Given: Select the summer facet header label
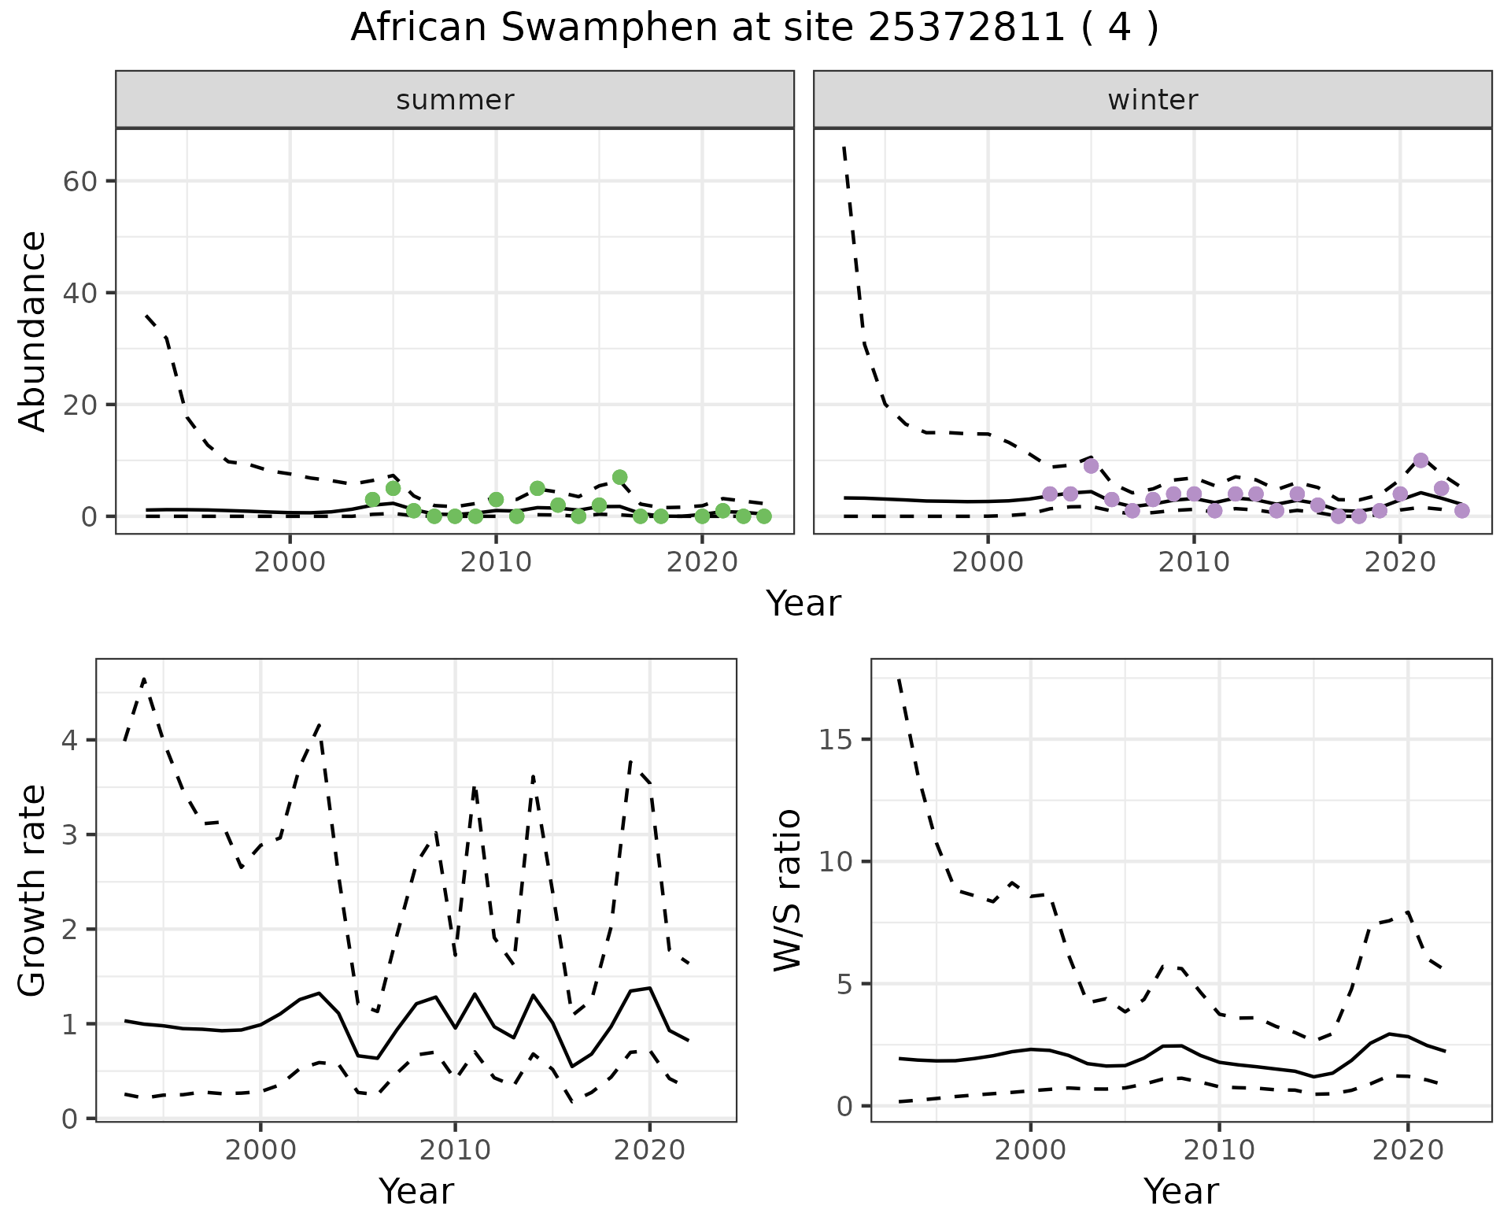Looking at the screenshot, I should click(x=455, y=100).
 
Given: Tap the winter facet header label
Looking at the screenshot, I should click(x=1152, y=100).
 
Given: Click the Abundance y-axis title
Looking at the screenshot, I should click(x=32, y=331).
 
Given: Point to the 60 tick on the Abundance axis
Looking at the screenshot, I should click(x=78, y=181).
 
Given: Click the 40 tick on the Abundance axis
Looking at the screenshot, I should click(x=78, y=293).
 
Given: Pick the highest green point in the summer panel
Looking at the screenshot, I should click(x=619, y=477).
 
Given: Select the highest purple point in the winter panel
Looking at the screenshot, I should click(x=1420, y=460).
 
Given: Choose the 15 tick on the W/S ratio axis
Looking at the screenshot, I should click(x=839, y=740).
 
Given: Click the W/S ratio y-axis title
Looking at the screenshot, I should click(x=788, y=890).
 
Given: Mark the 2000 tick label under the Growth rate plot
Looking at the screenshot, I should click(x=260, y=1150).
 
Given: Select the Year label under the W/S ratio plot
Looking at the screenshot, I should click(x=1180, y=1191).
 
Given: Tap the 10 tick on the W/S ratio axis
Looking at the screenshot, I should click(x=839, y=862).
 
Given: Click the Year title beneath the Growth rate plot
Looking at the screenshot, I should click(x=416, y=1191).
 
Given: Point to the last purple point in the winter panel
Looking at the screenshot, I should click(x=1461, y=511).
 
